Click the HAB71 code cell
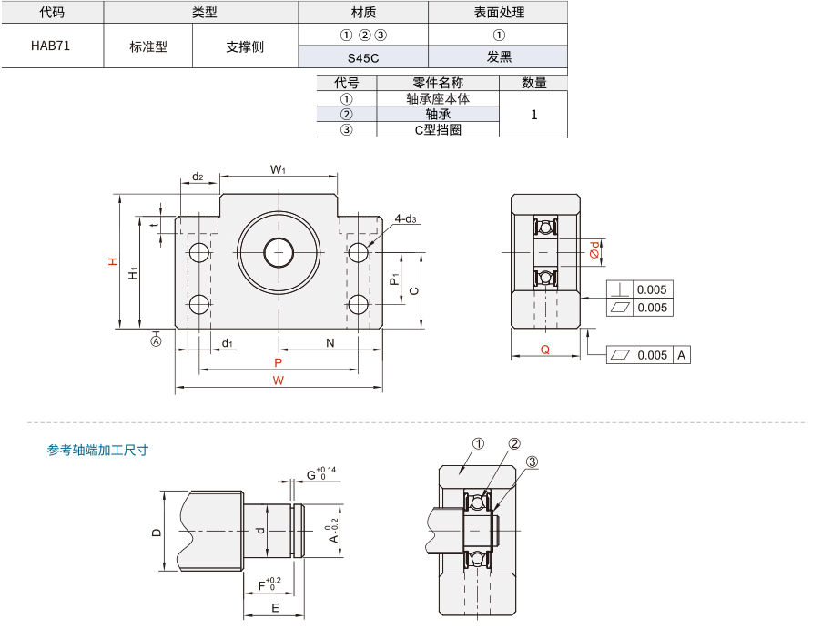[x=51, y=46]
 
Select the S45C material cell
[x=363, y=57]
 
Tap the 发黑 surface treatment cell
[x=499, y=57]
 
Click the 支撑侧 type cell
[x=245, y=46]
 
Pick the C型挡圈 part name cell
[x=438, y=129]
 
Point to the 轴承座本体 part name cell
[x=438, y=98]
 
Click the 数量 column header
[x=533, y=83]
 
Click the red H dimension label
[x=113, y=261]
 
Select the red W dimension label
[x=278, y=380]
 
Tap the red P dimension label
[x=278, y=363]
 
